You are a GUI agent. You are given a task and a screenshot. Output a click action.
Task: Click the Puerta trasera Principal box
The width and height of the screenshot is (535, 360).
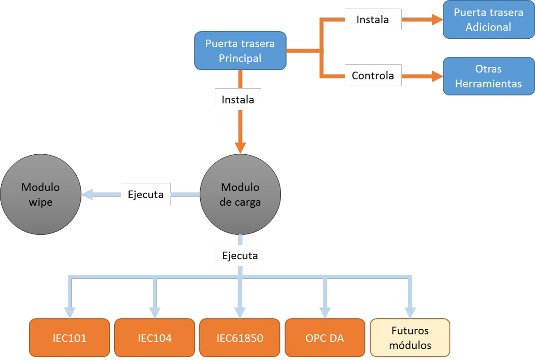240,50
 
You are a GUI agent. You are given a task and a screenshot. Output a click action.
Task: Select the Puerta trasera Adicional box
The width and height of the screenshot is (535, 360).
488,20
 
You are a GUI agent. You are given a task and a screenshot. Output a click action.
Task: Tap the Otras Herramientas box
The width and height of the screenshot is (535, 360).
488,76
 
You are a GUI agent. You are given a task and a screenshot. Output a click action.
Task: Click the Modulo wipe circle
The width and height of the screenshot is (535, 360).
40,194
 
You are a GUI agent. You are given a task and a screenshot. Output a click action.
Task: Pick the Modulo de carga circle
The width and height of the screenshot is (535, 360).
240,194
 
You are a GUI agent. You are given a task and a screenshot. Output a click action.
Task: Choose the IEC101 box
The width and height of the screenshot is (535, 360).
69,338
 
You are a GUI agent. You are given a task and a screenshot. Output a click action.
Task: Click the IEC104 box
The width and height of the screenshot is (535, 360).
154,338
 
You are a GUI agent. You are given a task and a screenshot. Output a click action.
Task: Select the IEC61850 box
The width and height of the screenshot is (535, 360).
240,338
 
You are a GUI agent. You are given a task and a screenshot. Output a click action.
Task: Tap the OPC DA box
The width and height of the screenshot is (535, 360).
325,338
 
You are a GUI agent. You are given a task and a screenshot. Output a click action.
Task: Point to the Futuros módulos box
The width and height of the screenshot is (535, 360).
410,338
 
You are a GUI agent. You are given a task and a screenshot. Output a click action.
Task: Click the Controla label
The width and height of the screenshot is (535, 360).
373,75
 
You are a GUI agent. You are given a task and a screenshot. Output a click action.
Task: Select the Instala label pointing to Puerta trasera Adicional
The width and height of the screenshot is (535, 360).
373,20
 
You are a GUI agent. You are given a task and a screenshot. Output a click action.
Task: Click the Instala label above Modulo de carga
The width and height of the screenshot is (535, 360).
238,99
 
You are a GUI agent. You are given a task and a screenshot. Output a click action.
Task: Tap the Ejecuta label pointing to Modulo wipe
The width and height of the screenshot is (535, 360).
146,194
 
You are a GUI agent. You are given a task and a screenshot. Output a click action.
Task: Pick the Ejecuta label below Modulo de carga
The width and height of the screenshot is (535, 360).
240,256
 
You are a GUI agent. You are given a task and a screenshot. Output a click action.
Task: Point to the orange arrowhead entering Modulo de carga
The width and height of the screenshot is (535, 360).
240,148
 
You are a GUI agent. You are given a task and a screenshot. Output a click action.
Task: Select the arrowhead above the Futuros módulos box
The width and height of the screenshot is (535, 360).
410,313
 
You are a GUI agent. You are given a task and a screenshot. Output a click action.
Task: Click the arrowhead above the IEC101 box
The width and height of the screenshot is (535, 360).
69,313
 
